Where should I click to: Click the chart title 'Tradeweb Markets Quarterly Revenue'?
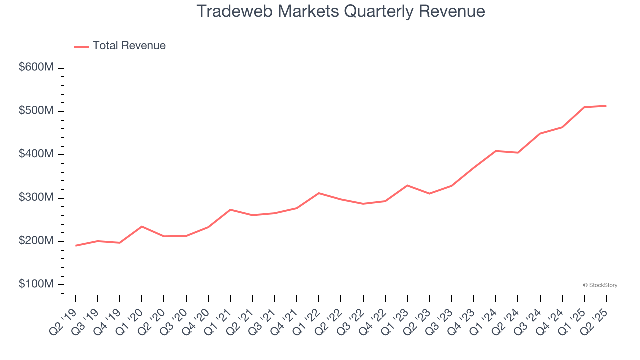pyautogui.click(x=341, y=11)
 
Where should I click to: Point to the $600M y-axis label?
pyautogui.click(x=36, y=67)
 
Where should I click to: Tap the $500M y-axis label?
pyautogui.click(x=36, y=111)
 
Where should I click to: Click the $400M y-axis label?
pyautogui.click(x=36, y=154)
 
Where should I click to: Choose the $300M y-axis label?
pyautogui.click(x=36, y=198)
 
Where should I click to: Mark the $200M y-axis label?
pyautogui.click(x=36, y=241)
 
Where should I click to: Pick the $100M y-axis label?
pyautogui.click(x=36, y=284)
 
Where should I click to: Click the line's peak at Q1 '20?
pyautogui.click(x=142, y=226)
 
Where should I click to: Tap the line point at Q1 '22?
pyautogui.click(x=319, y=193)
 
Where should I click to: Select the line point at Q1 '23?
pyautogui.click(x=407, y=185)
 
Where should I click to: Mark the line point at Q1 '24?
pyautogui.click(x=496, y=151)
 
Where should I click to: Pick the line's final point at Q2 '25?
pyautogui.click(x=606, y=106)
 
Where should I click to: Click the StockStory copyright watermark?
pyautogui.click(x=600, y=285)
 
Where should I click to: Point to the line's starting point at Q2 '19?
pyautogui.click(x=76, y=245)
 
